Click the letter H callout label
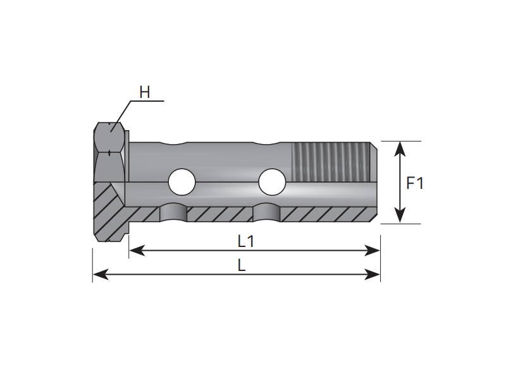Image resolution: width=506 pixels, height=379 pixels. point(145,92)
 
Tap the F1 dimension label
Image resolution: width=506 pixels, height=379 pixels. point(415,184)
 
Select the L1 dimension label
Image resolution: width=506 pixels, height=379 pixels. point(245,241)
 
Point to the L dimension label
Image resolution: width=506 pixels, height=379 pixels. point(242,265)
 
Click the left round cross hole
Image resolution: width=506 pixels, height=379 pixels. point(182,181)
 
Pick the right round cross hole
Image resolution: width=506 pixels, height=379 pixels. point(273,181)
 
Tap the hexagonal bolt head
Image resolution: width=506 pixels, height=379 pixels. point(110,152)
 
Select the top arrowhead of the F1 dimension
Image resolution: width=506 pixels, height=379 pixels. point(399,147)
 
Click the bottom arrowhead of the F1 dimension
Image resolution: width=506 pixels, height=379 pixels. point(399,217)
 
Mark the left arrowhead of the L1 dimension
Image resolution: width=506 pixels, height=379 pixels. point(135,251)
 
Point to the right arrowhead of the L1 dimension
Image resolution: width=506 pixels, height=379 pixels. point(374,251)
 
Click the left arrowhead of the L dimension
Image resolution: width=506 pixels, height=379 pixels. point(98,274)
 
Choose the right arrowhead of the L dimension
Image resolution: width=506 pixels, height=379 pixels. point(374,274)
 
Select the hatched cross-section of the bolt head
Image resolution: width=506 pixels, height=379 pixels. point(111,212)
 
